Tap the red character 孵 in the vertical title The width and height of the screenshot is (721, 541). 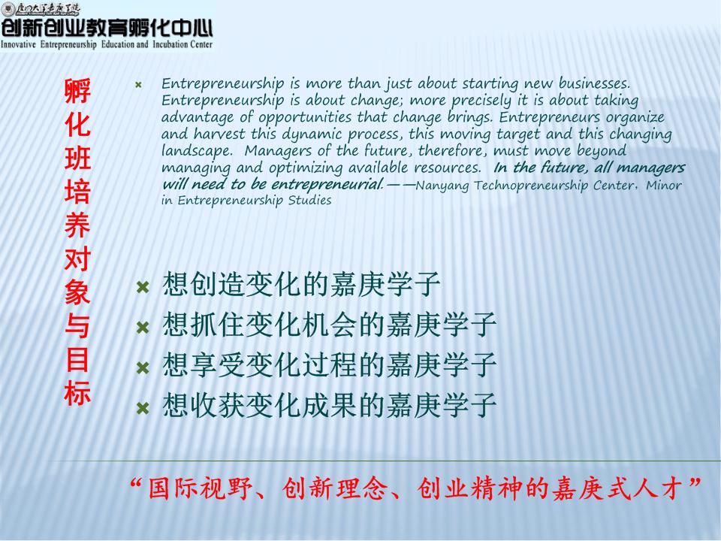click(77, 91)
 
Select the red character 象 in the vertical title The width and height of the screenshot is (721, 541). click(77, 293)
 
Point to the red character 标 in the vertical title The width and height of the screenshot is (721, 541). click(77, 394)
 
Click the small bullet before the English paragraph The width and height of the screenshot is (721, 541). click(138, 85)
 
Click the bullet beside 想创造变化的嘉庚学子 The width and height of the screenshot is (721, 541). click(143, 288)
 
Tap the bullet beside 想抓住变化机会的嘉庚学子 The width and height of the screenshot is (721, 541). click(143, 328)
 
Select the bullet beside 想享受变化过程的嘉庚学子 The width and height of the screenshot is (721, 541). click(143, 367)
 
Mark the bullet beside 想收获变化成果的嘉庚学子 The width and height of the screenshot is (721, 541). click(143, 408)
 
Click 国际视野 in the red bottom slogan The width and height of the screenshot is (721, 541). click(201, 488)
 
